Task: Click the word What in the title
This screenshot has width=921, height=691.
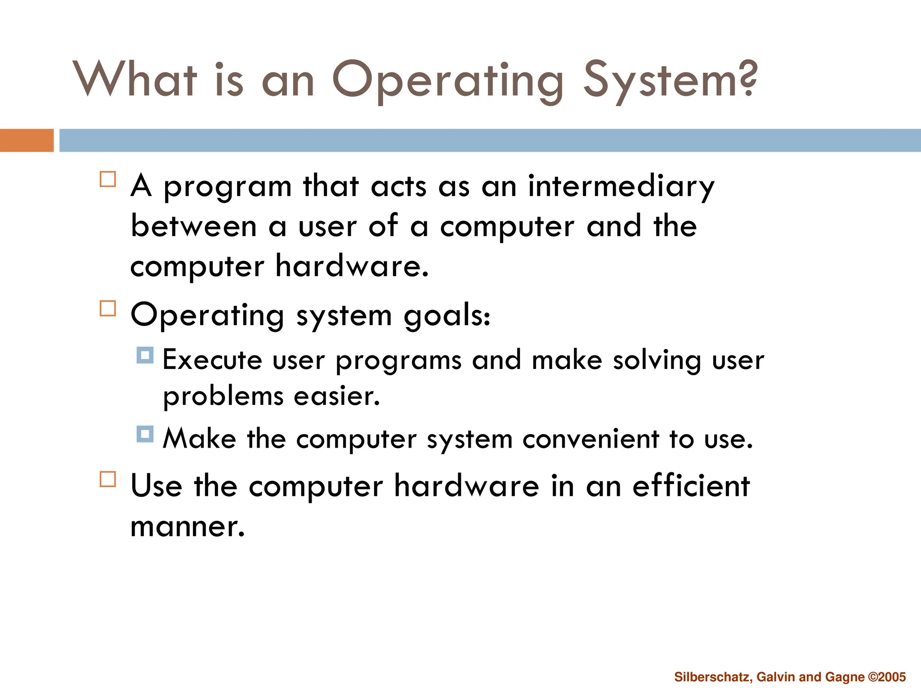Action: coord(135,80)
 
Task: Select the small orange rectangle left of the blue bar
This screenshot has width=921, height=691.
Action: coord(27,140)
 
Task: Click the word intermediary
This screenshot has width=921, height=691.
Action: coord(621,186)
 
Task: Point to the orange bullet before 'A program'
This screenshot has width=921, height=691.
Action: coord(108,179)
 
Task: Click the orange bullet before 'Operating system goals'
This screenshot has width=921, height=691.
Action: coord(108,309)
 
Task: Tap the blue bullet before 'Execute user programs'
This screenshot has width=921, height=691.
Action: coord(145,355)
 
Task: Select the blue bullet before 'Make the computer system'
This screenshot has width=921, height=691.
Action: coord(145,434)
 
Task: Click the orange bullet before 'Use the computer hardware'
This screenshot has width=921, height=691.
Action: coord(108,479)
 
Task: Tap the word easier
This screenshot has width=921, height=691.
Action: coord(337,396)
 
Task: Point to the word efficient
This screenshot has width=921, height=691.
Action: coord(691,486)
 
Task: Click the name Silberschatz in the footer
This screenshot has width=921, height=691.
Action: coord(713,677)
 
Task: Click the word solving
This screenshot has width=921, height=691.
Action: coord(657,361)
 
